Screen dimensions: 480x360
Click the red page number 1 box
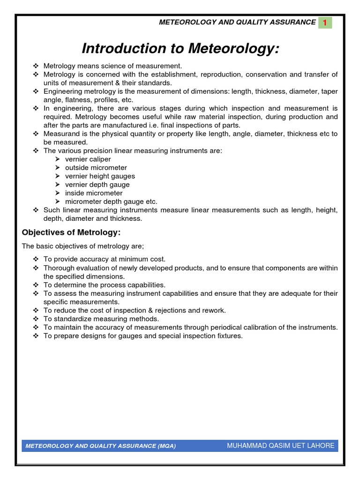click(x=324, y=22)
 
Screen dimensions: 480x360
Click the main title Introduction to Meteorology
click(x=180, y=48)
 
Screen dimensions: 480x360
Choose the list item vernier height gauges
click(x=100, y=176)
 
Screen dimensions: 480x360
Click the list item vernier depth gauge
click(x=97, y=185)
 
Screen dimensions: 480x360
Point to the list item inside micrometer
click(x=94, y=193)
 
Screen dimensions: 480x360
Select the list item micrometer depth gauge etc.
click(x=111, y=202)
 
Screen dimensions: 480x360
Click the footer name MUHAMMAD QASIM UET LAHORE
click(x=280, y=446)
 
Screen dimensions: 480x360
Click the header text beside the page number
click(x=237, y=22)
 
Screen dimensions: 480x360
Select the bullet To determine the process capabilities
click(x=104, y=285)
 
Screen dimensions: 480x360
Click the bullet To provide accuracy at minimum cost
click(x=104, y=259)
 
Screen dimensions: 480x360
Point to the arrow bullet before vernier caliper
click(x=57, y=159)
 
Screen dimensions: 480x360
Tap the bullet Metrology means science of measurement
click(x=112, y=66)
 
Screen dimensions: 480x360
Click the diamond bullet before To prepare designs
click(x=37, y=336)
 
